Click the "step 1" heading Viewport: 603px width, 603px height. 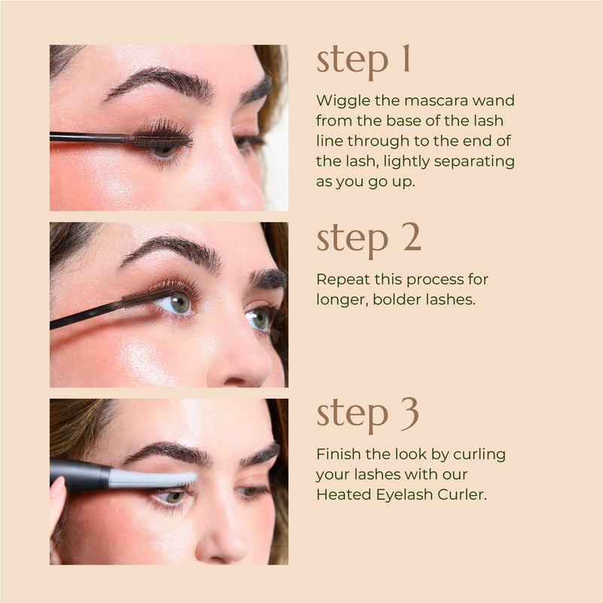pos(363,61)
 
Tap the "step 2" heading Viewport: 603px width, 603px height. pos(369,238)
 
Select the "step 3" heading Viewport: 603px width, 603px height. pos(368,415)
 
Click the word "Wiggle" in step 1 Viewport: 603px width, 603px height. pos(338,100)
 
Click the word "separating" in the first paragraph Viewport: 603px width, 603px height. pos(479,161)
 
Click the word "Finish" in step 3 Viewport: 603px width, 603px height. pos(336,455)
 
